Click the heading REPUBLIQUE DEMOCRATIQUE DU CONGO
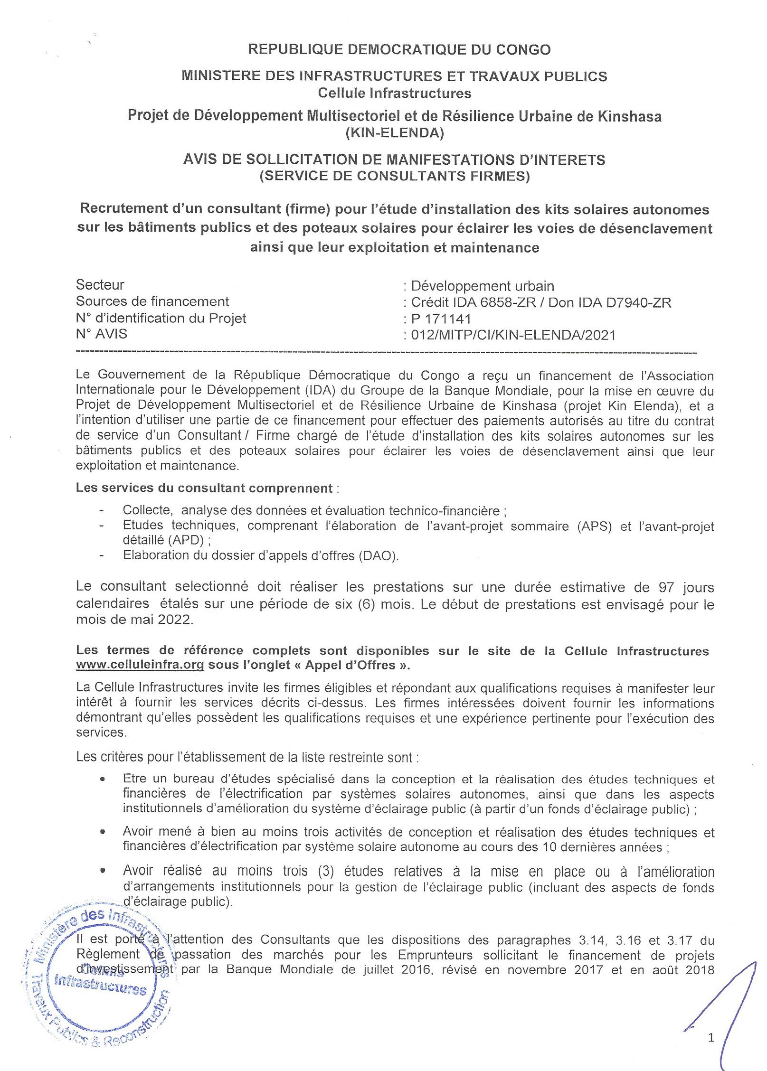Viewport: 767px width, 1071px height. click(399, 50)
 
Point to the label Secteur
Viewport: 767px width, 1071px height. click(100, 285)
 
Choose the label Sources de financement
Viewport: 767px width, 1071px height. click(152, 301)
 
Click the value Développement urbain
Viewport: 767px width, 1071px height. click(483, 286)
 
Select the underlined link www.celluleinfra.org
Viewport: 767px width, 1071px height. click(140, 665)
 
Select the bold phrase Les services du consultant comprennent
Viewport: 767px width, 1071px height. click(204, 488)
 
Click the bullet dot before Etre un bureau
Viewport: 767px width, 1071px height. click(103, 780)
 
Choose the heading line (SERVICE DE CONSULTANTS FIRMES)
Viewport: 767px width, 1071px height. click(394, 176)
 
